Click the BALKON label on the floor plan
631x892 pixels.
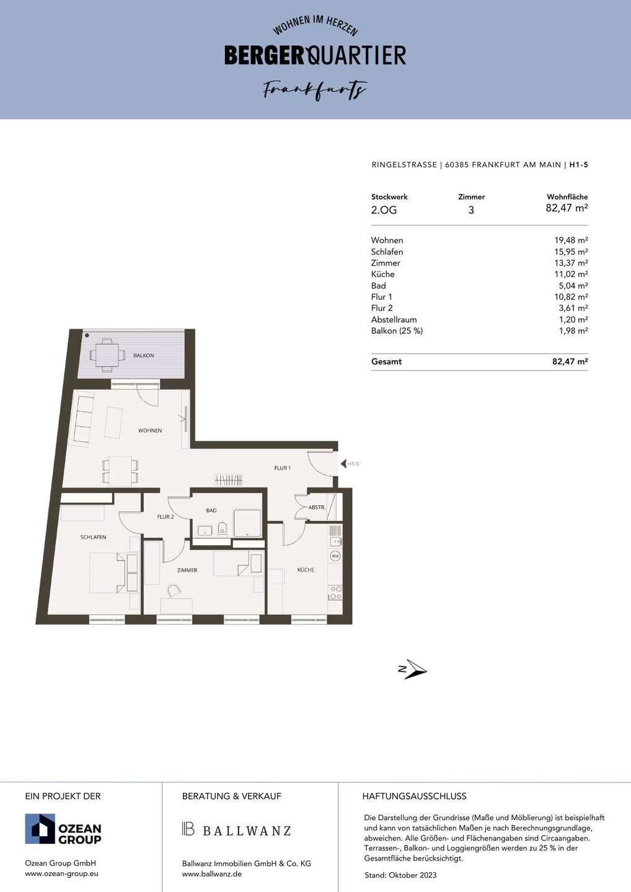[143, 356]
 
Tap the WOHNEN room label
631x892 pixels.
[150, 431]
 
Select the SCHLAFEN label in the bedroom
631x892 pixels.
[93, 537]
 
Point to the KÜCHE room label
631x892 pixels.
[306, 570]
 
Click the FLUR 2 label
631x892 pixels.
[165, 517]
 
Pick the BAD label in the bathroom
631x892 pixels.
[211, 510]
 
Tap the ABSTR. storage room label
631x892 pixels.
[317, 508]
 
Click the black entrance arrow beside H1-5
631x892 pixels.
[343, 464]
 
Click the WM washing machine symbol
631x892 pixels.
[335, 556]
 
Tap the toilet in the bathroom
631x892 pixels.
[223, 528]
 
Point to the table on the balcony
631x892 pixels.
[107, 355]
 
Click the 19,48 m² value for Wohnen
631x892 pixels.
[571, 240]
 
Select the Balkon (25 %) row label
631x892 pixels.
[397, 331]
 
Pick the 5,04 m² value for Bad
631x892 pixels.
[573, 286]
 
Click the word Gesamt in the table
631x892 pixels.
[386, 362]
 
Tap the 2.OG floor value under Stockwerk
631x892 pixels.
[384, 210]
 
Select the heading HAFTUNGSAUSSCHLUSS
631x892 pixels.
[414, 797]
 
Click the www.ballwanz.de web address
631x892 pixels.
[212, 874]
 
